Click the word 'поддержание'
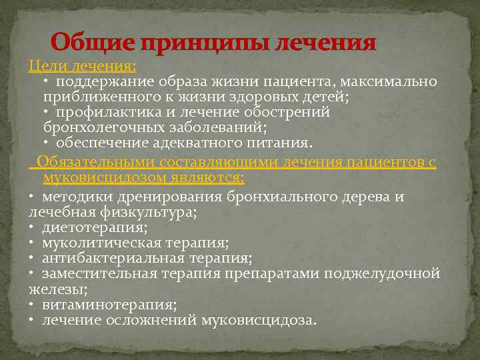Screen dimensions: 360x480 pyautogui.click(x=104, y=81)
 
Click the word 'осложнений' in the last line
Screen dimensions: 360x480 pyautogui.click(x=159, y=320)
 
